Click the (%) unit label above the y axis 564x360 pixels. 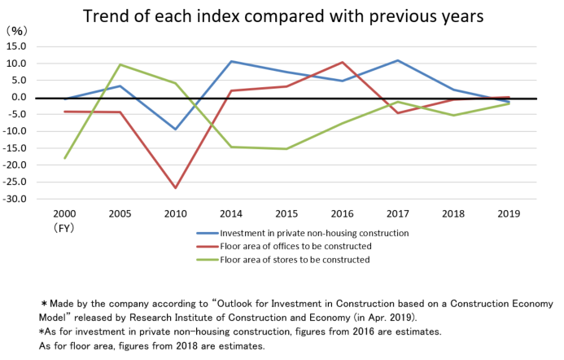click(18, 30)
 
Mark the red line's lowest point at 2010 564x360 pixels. click(175, 188)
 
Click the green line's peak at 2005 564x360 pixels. click(120, 65)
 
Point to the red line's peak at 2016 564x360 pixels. click(343, 62)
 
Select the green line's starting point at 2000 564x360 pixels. click(64, 158)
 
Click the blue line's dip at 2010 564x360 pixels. click(175, 130)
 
